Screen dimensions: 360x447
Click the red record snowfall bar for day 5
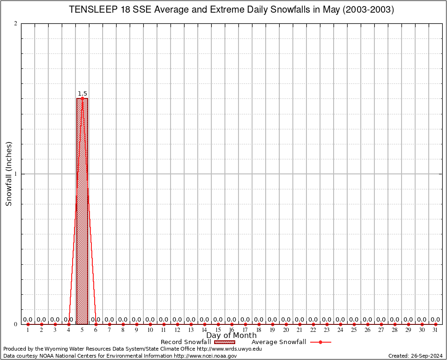coord(82,211)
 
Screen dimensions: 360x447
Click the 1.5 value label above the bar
coord(82,94)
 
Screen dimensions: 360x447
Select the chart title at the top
coord(231,9)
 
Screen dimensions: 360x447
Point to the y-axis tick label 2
coord(16,24)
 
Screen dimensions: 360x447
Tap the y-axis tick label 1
coord(16,174)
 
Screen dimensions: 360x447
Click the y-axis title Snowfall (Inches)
coord(8,174)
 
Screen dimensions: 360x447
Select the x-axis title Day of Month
coord(231,336)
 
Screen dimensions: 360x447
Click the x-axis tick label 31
coord(436,330)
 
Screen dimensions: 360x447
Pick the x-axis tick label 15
coord(218,330)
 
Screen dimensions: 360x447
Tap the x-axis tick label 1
coord(28,330)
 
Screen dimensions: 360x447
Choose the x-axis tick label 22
coord(313,330)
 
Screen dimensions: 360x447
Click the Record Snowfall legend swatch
coord(224,342)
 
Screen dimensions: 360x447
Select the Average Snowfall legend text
coord(279,342)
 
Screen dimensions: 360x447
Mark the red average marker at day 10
coord(150,324)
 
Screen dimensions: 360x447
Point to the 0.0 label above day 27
coord(381,320)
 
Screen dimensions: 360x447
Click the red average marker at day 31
coord(436,324)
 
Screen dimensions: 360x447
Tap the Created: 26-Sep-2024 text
coord(416,356)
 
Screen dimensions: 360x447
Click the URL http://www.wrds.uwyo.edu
coord(229,349)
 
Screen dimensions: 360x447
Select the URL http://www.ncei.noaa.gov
coord(205,356)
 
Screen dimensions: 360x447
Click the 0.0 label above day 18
coord(259,320)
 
